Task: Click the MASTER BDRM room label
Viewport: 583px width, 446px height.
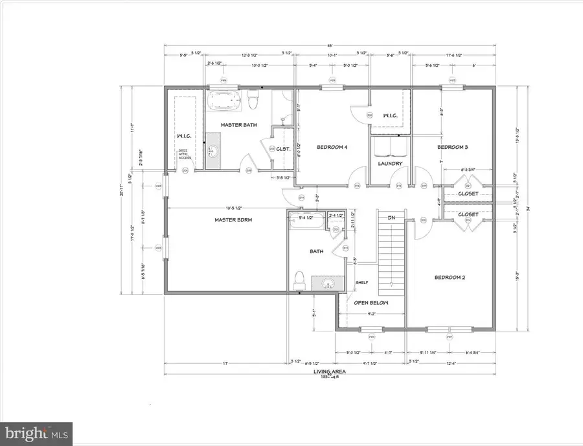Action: (233, 220)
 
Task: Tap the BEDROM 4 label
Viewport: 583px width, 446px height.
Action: (332, 147)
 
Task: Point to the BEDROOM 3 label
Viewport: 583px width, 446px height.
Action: (452, 147)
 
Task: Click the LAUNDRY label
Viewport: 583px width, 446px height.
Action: (391, 164)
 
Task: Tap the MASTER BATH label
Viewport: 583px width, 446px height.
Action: (236, 124)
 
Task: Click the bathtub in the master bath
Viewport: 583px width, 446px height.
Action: (224, 102)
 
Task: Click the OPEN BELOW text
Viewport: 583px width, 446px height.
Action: (369, 303)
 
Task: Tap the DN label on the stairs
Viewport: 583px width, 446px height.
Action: (391, 218)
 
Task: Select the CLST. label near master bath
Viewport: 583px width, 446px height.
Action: (283, 148)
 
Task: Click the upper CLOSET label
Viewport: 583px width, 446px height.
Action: (468, 193)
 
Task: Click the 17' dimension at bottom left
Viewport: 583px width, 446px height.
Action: (225, 363)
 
